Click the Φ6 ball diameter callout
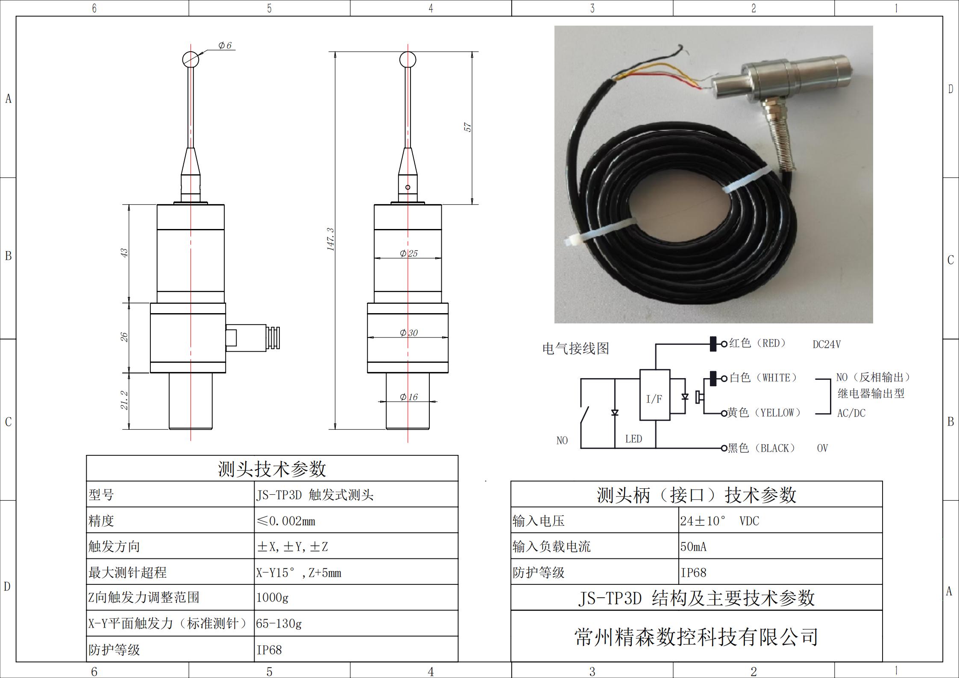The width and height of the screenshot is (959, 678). [x=225, y=45]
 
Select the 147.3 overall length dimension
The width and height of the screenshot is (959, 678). [x=331, y=239]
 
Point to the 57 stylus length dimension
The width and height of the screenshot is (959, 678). [x=468, y=127]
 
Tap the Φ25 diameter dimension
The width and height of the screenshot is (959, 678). [x=408, y=253]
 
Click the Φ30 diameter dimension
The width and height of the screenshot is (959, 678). [x=408, y=333]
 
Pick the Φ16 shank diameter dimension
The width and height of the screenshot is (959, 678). [x=408, y=397]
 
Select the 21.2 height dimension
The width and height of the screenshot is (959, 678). [x=124, y=400]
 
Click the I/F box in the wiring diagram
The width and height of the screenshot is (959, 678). [x=654, y=395]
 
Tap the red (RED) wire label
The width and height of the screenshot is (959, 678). [x=757, y=343]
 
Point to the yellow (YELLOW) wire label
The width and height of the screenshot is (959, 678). [x=764, y=413]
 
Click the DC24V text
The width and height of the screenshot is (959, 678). [x=827, y=344]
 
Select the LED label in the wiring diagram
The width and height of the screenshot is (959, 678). [x=633, y=439]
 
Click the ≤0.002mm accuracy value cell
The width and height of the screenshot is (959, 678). [x=356, y=520]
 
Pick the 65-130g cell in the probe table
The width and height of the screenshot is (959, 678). [x=356, y=623]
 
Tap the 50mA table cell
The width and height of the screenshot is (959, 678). [x=780, y=546]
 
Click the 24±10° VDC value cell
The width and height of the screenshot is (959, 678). [x=780, y=520]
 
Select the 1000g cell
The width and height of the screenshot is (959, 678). [x=356, y=597]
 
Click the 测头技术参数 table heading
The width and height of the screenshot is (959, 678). [x=272, y=469]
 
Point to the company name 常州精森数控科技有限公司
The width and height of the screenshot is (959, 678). [x=696, y=637]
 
